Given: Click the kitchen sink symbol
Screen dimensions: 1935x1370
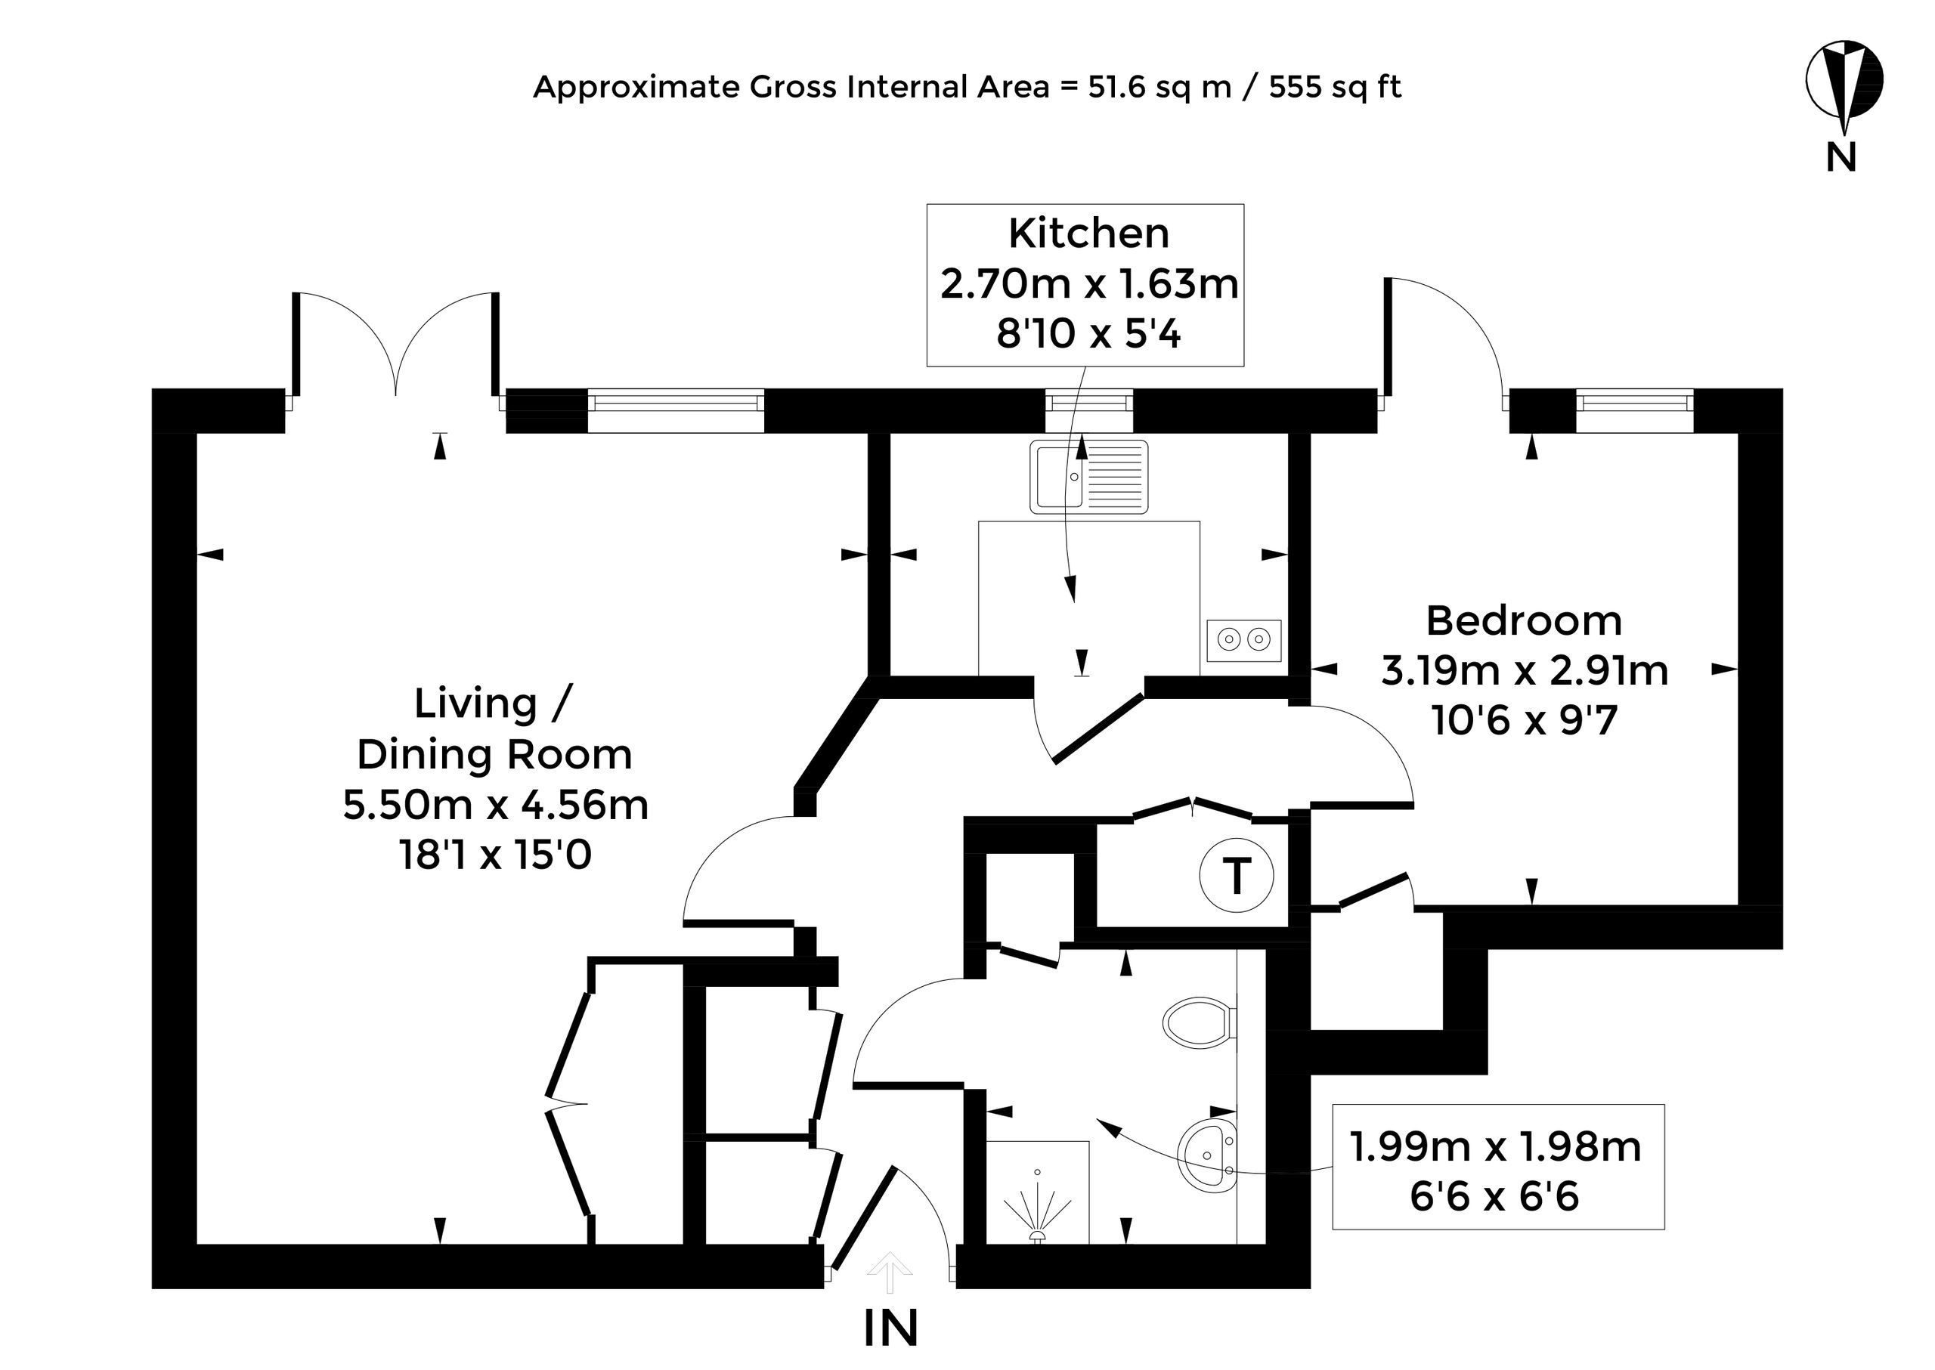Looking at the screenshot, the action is click(x=1088, y=477).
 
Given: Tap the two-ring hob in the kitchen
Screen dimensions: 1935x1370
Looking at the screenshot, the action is click(x=1244, y=640).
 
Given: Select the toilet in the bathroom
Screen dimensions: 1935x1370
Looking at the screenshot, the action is click(x=1199, y=1023).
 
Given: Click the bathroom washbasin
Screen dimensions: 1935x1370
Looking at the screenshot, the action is click(x=1208, y=1155).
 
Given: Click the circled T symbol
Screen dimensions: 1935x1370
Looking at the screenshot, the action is click(x=1237, y=877).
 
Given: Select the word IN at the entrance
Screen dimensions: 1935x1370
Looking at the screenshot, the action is click(x=890, y=1328).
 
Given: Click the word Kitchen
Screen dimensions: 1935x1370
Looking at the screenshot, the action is click(x=1088, y=233).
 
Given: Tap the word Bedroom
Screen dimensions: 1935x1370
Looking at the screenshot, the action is click(x=1524, y=621).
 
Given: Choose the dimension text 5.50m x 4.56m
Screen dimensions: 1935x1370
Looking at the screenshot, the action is click(x=495, y=805).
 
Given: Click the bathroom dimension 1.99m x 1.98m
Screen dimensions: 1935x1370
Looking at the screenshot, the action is click(x=1495, y=1146).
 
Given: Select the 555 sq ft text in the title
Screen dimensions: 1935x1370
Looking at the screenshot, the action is click(x=1335, y=87).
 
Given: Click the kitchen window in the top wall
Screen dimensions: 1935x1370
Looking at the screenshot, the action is click(x=1088, y=401).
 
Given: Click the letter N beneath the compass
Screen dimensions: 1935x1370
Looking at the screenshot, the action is click(x=1841, y=157).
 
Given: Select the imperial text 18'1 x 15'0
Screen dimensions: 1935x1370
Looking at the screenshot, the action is click(x=495, y=855).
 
